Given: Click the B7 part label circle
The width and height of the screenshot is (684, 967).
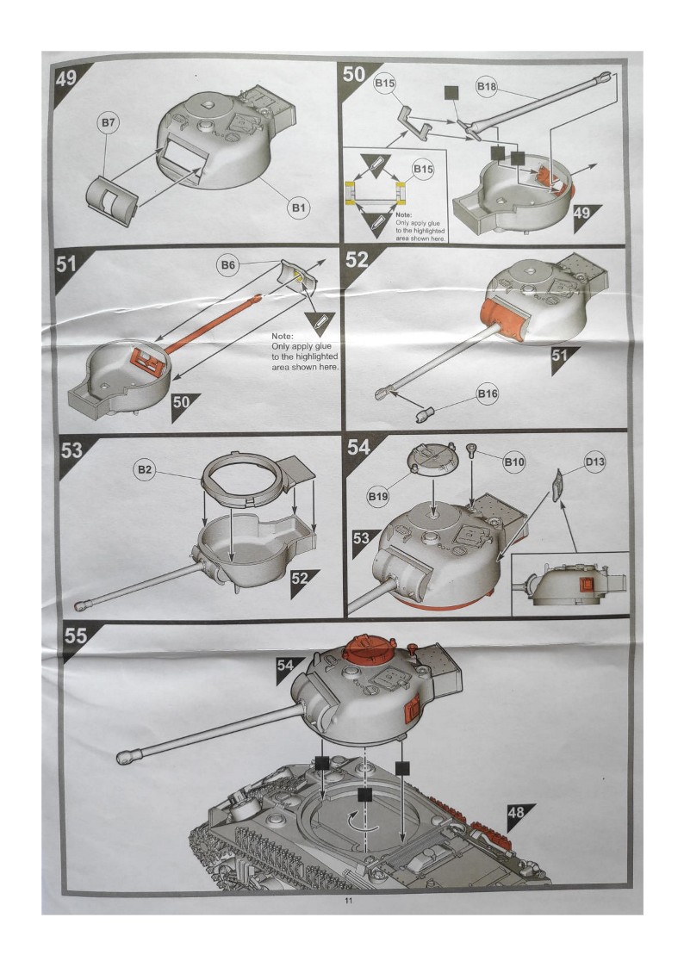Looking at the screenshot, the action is coord(108,123).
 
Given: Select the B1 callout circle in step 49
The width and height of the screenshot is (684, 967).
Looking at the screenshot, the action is coord(299,208).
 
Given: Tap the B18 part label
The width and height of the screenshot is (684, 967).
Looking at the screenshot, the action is coord(486,86).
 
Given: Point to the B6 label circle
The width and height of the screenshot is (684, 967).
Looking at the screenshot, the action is coord(227,265).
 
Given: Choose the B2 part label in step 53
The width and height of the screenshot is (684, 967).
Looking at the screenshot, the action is coord(145,470).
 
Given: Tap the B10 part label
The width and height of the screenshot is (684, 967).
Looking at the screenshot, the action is coord(514,462).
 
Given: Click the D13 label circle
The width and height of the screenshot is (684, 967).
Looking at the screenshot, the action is coord(594,462).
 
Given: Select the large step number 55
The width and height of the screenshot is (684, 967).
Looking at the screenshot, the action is coord(76,635).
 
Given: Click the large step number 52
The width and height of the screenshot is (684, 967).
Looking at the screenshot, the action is coord(357,260).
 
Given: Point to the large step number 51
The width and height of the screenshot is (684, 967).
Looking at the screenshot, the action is coord(66,264).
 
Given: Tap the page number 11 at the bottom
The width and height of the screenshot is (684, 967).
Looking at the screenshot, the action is coord(349,901).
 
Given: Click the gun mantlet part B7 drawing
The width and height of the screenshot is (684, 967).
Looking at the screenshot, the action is coord(112,200).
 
